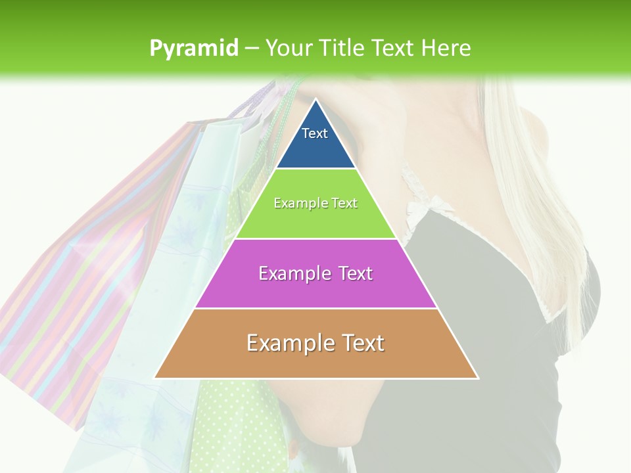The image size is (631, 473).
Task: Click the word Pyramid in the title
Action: pos(194,49)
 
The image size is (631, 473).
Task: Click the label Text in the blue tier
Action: pos(315,133)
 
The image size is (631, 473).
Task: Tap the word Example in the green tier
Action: pos(295,203)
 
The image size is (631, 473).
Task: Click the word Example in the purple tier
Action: pos(288,273)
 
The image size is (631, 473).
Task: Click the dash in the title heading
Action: pos(252,49)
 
